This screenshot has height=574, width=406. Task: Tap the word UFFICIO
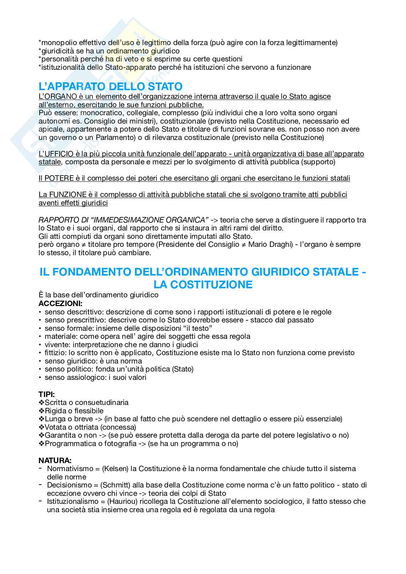pos(59,154)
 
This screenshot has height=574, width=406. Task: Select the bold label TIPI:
pos(47,394)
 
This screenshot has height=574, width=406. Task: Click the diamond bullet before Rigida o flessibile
pos(41,411)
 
